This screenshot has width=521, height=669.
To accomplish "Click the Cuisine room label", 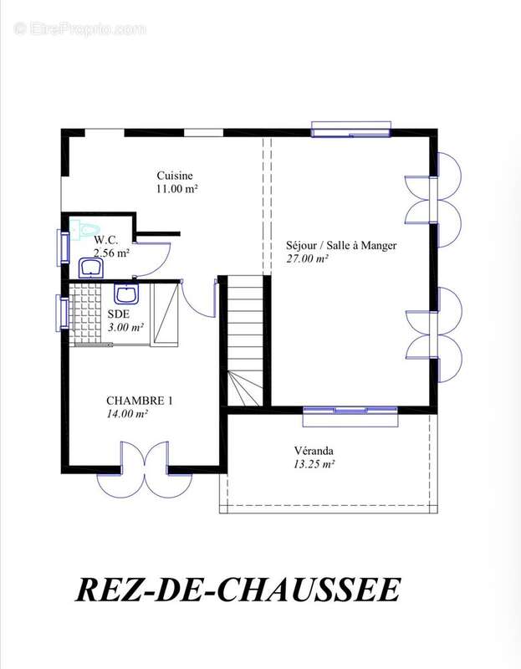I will coord(175,176).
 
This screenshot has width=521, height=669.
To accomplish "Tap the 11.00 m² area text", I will coord(176,189).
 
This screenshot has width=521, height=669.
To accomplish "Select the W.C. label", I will coord(105,240).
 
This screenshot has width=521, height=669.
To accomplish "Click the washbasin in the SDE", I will coord(126,294).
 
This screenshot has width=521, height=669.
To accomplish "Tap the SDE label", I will coord(118,314).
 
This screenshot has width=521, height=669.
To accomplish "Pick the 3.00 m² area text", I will coord(124,327).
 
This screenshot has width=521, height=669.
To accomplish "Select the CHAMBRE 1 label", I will coord(139,401).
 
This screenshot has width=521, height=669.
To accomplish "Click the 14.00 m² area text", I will coord(127,414).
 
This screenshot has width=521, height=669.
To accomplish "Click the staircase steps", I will coord(247,326).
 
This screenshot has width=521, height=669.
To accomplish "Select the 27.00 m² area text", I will coord(308,259).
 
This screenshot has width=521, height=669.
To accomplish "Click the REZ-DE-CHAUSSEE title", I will coord(238,590).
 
